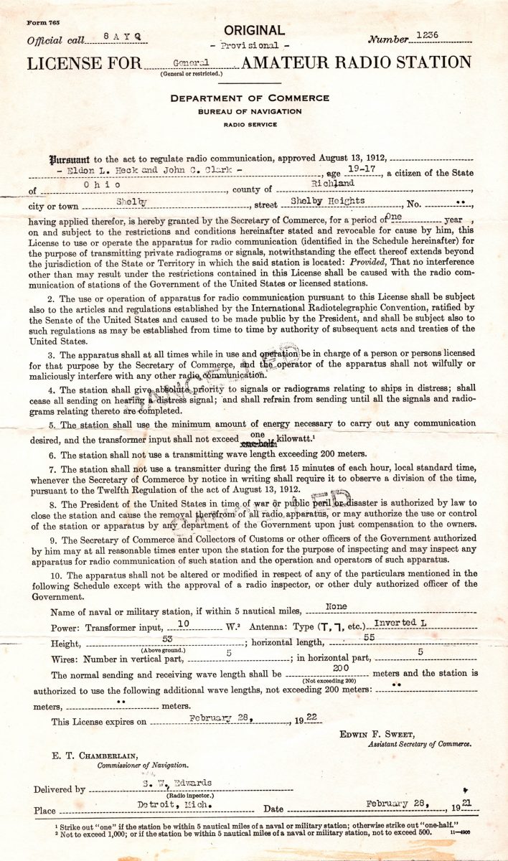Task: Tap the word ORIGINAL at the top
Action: point(254,30)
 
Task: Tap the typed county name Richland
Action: point(349,184)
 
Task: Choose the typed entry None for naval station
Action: point(337,606)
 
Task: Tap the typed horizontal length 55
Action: point(368,636)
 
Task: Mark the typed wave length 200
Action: point(341,668)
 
